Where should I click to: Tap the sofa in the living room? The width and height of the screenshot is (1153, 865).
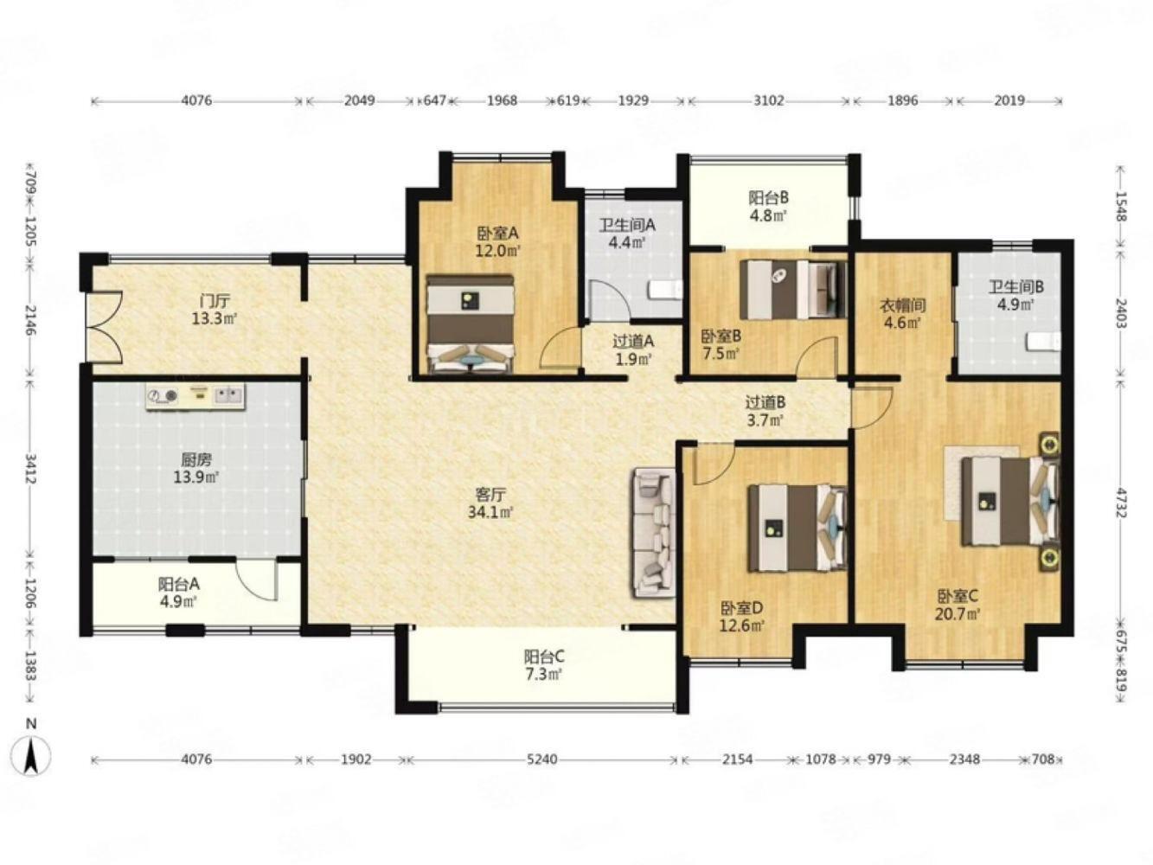(x=654, y=532)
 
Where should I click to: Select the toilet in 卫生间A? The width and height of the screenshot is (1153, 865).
(x=667, y=291)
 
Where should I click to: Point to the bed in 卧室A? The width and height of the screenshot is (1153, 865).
(x=471, y=324)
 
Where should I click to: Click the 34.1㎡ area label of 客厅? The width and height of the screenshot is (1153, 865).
(x=490, y=512)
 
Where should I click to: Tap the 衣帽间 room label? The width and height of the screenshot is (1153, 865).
(x=902, y=305)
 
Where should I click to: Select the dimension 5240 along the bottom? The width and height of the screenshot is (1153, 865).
(x=542, y=759)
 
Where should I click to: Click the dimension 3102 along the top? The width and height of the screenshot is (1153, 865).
(x=768, y=100)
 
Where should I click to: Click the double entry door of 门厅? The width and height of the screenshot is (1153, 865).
(x=105, y=325)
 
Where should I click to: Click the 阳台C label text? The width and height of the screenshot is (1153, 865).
(x=544, y=657)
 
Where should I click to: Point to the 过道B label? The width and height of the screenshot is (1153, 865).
(x=765, y=402)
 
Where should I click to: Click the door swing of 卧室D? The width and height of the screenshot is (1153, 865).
(x=714, y=465)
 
